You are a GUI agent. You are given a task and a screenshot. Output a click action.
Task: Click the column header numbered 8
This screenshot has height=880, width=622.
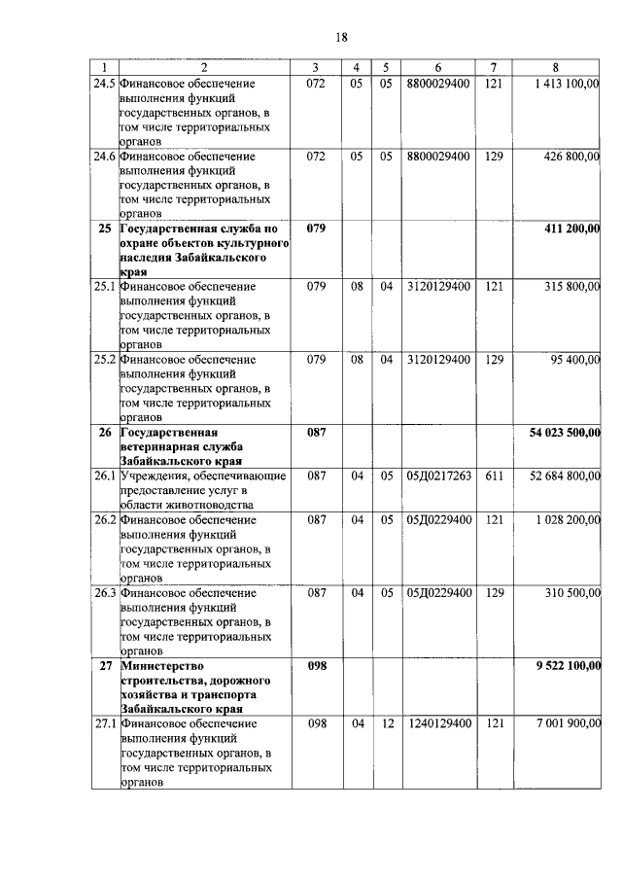555,67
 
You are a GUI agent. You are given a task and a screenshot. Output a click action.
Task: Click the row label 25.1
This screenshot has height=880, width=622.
104,287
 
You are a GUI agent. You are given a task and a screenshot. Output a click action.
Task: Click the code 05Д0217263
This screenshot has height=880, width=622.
439,475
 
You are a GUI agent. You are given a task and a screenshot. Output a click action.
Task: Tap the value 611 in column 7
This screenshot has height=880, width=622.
494,475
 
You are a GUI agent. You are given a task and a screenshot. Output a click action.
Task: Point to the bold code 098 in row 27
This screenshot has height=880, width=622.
316,665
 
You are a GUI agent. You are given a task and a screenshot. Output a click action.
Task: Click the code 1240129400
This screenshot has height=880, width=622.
439,723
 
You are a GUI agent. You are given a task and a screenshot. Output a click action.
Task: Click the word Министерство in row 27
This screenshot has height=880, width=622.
160,665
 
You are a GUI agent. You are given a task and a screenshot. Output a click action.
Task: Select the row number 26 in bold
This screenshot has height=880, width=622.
104,432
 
